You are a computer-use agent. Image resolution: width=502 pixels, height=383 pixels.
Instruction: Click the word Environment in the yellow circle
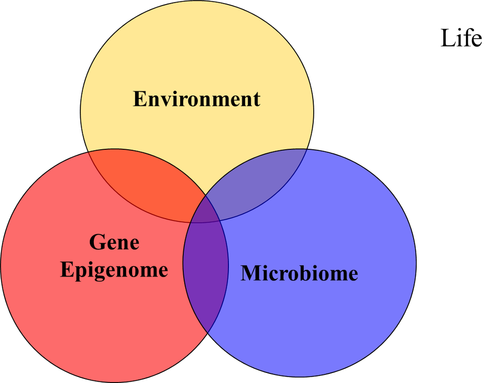click(x=196, y=99)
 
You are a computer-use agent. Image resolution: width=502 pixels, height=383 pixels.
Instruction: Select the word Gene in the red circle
click(x=114, y=243)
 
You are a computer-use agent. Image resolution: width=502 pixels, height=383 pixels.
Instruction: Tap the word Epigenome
click(x=114, y=270)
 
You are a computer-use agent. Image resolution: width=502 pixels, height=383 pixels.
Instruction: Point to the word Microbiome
click(x=299, y=273)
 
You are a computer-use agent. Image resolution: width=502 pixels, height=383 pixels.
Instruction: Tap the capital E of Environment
click(x=139, y=99)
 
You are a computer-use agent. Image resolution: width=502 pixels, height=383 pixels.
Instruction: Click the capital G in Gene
click(x=97, y=243)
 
